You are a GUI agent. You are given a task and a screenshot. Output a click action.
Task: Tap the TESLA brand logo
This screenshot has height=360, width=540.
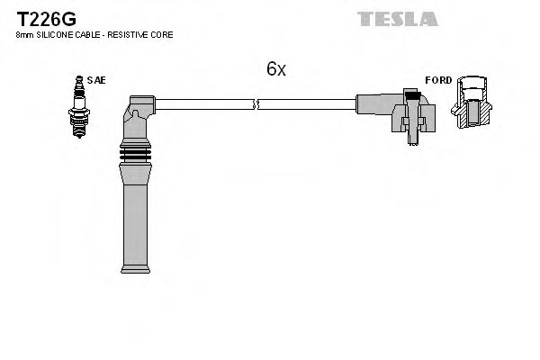(x=397, y=18)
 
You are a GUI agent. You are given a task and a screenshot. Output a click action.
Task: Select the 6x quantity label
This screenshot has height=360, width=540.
(x=275, y=69)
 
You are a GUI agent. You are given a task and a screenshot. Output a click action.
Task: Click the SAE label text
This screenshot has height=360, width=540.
(x=97, y=80)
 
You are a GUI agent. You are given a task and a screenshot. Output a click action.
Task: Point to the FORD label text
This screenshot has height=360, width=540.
(x=438, y=80)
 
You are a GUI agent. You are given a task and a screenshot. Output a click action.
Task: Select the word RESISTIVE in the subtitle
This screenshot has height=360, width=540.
(x=131, y=34)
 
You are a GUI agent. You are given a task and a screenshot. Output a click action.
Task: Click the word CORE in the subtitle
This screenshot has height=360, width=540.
(x=163, y=34)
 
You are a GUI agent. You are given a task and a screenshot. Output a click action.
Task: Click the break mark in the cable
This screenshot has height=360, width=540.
(x=257, y=104)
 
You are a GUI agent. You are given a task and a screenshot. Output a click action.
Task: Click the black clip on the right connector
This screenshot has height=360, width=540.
(x=412, y=95)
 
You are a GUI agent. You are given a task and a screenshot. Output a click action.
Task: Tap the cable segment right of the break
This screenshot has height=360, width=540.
(x=306, y=104)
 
